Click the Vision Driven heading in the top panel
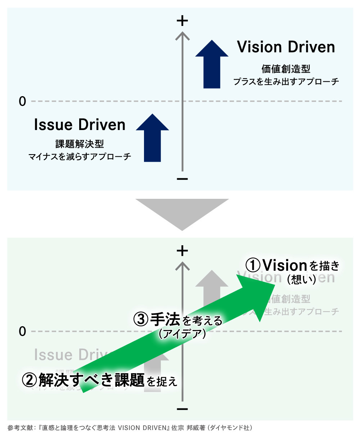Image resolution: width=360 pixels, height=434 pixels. [286, 47]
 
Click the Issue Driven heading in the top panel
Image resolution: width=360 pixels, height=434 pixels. [80, 125]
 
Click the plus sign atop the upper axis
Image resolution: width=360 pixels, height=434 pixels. [183, 21]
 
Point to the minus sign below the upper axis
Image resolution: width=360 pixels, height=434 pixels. [183, 179]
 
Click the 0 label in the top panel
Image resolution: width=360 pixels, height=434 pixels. [22, 102]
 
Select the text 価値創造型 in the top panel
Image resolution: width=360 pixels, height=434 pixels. [286, 69]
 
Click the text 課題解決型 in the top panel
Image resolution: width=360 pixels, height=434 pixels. [80, 144]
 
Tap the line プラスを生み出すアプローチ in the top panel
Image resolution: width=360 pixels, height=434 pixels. [286, 81]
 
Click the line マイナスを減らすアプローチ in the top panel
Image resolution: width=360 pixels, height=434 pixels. [80, 157]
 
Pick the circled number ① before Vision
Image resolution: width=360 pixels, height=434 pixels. [253, 265]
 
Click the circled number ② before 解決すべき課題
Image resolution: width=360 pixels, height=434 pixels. [29, 380]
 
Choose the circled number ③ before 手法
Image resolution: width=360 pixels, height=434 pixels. [141, 319]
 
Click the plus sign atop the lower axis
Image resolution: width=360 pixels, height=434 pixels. [183, 251]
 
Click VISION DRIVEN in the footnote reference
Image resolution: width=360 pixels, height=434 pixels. [144, 428]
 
